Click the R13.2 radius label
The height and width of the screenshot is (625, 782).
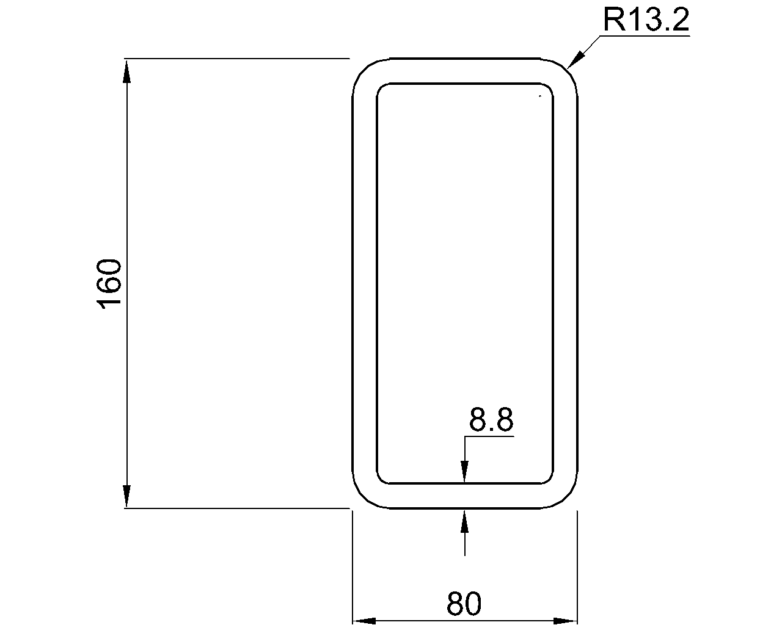pos(646,20)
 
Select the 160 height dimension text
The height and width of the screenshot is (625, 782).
pos(111,284)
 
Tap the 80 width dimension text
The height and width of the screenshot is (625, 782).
pos(464,604)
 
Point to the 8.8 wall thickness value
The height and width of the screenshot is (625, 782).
pos(491,420)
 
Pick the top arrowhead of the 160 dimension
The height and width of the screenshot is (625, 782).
pos(127,71)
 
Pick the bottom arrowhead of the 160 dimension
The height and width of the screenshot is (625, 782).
pos(127,496)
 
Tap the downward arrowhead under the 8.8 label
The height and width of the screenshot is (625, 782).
pos(465,471)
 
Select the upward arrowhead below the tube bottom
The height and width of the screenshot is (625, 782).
pos(465,521)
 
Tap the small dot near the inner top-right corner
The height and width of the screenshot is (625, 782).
pos(539,96)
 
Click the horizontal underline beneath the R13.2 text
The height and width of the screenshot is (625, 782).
pos(645,36)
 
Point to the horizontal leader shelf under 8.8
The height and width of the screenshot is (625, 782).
pos(489,436)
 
